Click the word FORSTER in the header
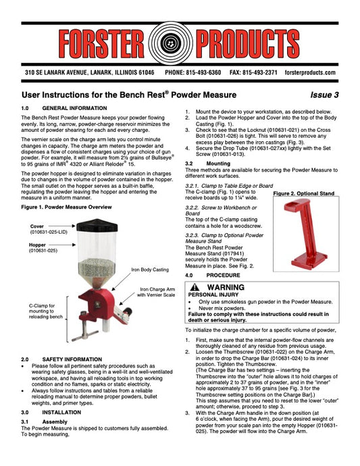coord(102,43)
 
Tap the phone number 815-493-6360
coord(203,72)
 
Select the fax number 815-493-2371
coord(260,72)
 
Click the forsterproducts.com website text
coord(310,72)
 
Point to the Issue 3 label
coord(324,95)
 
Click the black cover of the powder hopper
coord(97,226)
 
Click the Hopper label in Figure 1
coord(37,245)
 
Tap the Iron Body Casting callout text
coord(150,269)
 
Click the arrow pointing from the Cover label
coord(62,226)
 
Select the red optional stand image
coord(305,234)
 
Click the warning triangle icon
coord(195,287)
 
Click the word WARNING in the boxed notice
coord(226,288)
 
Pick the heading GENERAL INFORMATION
coord(74,108)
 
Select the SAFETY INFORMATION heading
coord(72,359)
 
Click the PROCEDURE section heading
coord(224,275)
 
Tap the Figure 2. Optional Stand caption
coord(304,193)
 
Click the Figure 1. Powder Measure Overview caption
coord(66,207)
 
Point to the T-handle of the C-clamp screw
coord(85,335)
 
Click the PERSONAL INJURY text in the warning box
coord(213,295)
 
